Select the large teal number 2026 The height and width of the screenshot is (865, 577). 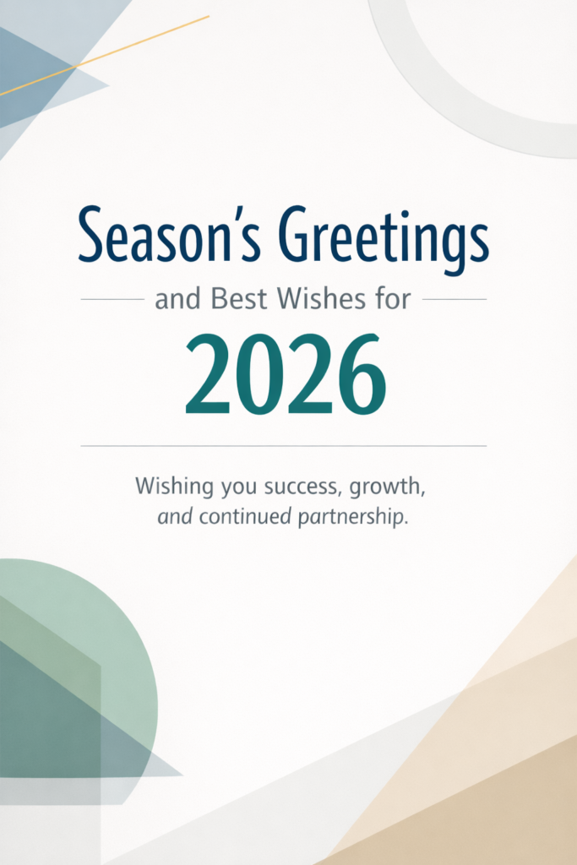pos(286,374)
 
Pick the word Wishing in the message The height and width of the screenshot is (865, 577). pos(166,487)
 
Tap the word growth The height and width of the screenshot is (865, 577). pos(392,488)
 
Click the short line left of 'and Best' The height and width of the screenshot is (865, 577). pos(112,299)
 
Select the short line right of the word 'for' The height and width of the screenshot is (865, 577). pos(454,299)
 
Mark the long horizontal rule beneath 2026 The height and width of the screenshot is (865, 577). pos(284,445)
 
